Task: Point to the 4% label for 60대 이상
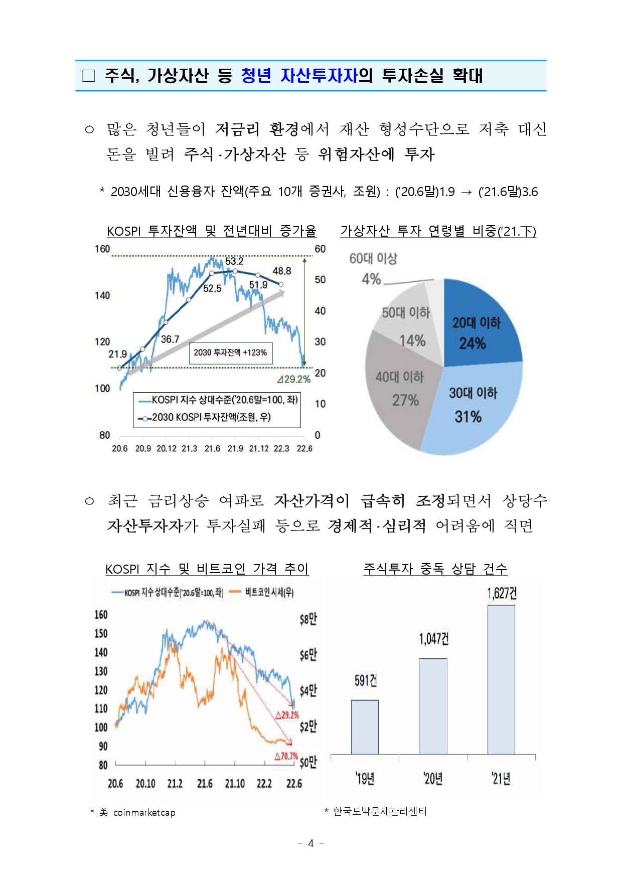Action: [x=371, y=279]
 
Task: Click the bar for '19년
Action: [x=365, y=727]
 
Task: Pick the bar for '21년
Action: [x=501, y=679]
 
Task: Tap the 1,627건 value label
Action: [x=502, y=594]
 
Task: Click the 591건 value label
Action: [x=365, y=680]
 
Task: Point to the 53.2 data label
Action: [x=234, y=261]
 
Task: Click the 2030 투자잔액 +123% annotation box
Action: [x=230, y=353]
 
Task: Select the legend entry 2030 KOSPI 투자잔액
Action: [x=206, y=417]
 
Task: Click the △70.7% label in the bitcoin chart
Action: [x=286, y=756]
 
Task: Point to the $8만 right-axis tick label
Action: [x=308, y=619]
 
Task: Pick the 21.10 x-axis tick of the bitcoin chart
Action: [x=235, y=783]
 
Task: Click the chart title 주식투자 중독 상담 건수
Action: [x=435, y=569]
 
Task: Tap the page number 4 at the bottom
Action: [x=310, y=843]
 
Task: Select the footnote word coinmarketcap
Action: [x=144, y=812]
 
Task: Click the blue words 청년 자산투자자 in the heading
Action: [x=299, y=76]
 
